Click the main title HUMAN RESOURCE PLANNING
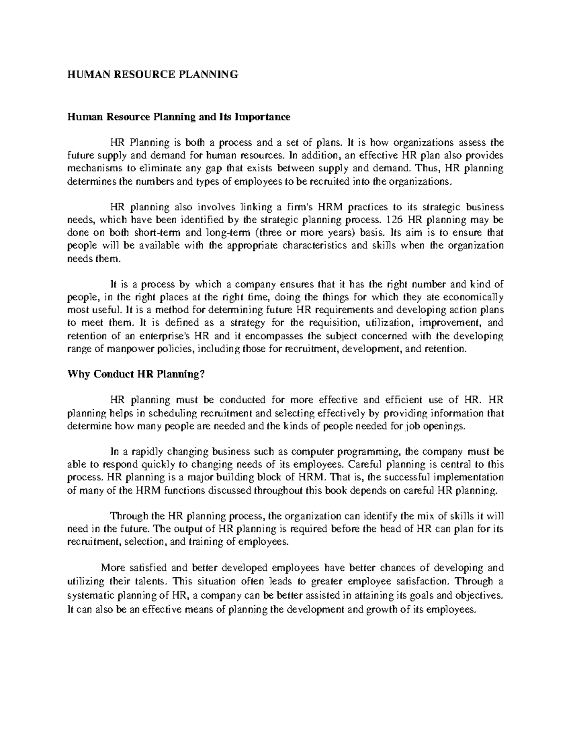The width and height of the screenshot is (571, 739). click(x=151, y=74)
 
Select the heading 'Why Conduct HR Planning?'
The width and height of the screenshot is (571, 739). click(x=137, y=374)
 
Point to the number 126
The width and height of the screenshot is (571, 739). click(x=392, y=220)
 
